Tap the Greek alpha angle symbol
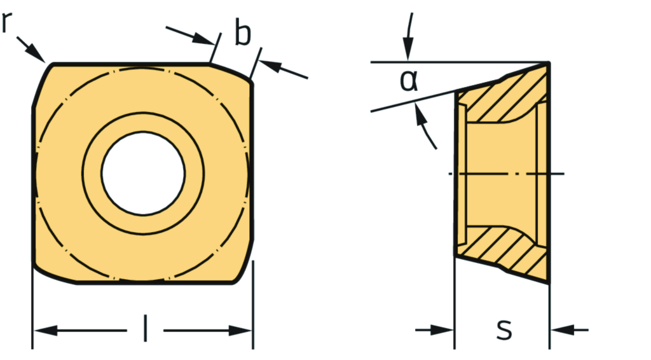[409, 80]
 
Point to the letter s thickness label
[504, 329]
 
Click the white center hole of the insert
[143, 174]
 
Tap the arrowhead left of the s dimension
[444, 329]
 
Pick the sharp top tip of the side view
[547, 63]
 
